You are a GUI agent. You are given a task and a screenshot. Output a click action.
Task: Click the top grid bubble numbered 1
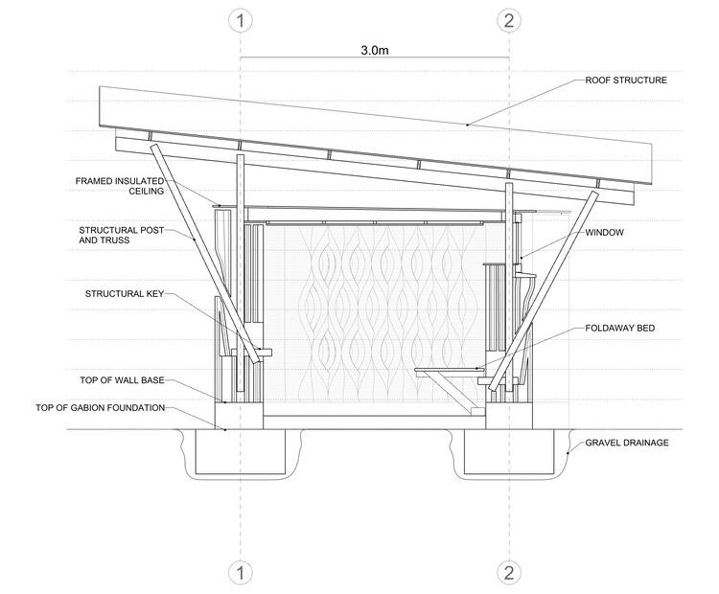point(241,20)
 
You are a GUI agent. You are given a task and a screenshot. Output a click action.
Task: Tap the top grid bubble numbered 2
point(509,20)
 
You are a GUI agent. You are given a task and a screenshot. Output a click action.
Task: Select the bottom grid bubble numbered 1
point(241,573)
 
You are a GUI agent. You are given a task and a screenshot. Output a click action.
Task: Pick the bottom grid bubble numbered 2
point(509,573)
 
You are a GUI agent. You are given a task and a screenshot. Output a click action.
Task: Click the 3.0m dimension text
point(375,50)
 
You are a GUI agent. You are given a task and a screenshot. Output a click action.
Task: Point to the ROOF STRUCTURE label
point(626,80)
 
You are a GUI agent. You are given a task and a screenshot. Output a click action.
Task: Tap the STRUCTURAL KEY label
point(125,293)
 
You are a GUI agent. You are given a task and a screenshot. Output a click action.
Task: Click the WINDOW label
point(605,233)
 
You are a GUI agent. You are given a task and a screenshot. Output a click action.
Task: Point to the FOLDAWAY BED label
point(619,328)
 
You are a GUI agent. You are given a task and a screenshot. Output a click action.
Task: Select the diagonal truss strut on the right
point(546,287)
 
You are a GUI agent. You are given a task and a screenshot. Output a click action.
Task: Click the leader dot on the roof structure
point(467,125)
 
